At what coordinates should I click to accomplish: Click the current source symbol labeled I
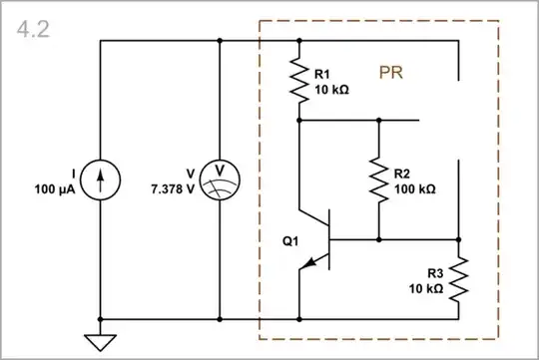click(101, 180)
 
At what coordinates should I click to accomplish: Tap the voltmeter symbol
click(219, 180)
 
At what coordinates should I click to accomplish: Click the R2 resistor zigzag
click(379, 180)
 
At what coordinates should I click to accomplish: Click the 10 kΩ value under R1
click(331, 89)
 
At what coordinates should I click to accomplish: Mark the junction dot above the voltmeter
click(219, 41)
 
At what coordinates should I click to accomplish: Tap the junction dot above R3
click(459, 240)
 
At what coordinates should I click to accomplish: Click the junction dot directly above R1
click(298, 41)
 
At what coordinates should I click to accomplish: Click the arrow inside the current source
click(101, 180)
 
